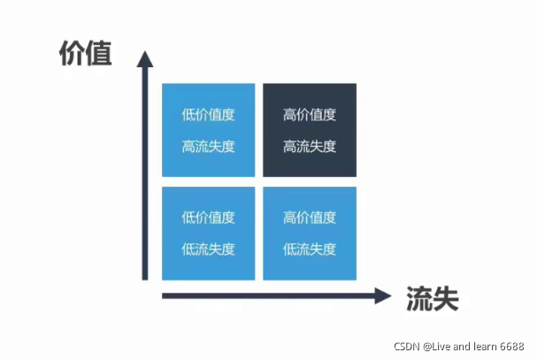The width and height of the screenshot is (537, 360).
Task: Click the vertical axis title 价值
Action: [x=85, y=54]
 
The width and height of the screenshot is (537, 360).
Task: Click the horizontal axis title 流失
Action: [x=433, y=298]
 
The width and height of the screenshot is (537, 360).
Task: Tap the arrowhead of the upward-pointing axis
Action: [x=146, y=60]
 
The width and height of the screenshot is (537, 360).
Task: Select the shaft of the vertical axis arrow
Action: [x=146, y=177]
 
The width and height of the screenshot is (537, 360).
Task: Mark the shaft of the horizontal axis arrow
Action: [x=265, y=295]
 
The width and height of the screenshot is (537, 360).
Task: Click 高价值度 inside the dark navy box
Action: [x=310, y=114]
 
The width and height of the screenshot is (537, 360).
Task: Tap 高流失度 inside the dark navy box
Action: [x=310, y=147]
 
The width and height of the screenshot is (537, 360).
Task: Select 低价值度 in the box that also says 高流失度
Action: [x=209, y=114]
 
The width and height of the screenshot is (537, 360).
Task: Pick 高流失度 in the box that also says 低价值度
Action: [x=209, y=147]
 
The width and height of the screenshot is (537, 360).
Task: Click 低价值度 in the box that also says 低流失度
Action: [x=209, y=217]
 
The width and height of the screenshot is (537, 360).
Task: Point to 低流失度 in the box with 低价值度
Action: [x=209, y=249]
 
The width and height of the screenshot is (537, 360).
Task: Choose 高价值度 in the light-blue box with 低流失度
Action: [x=310, y=217]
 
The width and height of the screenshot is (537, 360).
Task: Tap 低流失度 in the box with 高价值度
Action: [x=310, y=249]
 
